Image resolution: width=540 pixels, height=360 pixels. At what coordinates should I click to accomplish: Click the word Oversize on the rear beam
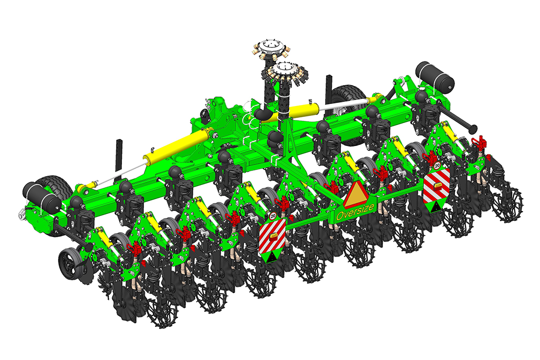click(x=355, y=211)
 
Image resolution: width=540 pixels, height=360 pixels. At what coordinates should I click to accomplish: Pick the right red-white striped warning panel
click(x=436, y=185)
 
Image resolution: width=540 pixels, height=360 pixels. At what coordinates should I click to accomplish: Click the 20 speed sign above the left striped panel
click(x=273, y=216)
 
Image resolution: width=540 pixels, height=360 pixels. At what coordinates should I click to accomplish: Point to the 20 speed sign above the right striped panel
click(x=437, y=165)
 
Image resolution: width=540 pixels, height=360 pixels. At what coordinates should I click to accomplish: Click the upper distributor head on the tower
click(x=270, y=48)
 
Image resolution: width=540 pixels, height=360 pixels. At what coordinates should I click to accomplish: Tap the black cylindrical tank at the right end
click(x=434, y=76)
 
